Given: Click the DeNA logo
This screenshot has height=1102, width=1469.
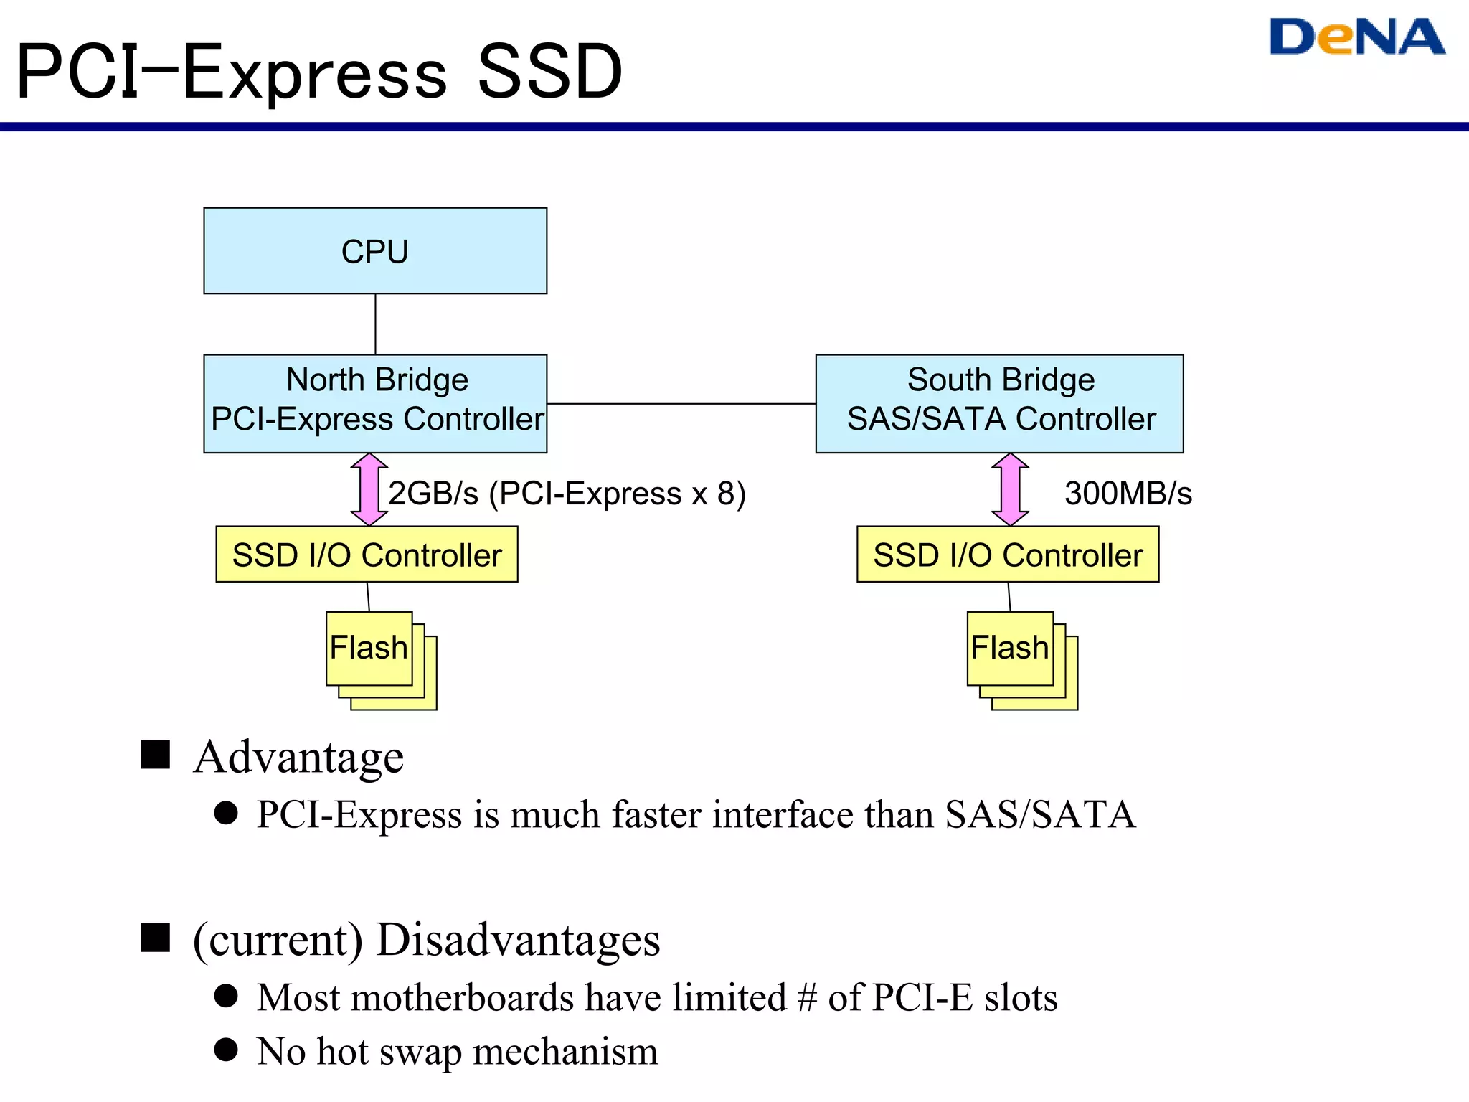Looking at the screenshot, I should [1356, 37].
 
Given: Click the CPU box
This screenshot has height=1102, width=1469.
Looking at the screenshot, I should [375, 251].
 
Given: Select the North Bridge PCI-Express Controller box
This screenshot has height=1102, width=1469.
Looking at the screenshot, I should [375, 403].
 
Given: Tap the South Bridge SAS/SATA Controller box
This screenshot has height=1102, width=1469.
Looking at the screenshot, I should [999, 403].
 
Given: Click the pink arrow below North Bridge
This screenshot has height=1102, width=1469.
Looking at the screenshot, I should [369, 489].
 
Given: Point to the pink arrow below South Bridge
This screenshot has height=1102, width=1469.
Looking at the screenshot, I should [1010, 489].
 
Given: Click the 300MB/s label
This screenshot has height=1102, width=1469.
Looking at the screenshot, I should [1128, 494].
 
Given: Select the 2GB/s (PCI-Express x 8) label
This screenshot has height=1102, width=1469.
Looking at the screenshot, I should [567, 494].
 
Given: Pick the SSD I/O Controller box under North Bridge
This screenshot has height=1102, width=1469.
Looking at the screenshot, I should [367, 555].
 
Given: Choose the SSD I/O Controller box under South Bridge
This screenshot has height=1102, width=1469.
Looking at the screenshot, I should [1008, 555].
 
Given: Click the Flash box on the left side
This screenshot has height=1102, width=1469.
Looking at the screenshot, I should [369, 648].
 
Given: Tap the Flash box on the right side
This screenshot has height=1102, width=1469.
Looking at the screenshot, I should [1010, 648].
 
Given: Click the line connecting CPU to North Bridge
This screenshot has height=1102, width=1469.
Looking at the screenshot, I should [375, 324].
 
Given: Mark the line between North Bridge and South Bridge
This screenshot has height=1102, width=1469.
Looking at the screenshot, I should [681, 404].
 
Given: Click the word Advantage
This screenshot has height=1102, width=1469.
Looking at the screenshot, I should [298, 758].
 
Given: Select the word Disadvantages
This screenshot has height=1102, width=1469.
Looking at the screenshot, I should [518, 940].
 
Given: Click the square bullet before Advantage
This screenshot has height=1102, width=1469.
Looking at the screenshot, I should [155, 755].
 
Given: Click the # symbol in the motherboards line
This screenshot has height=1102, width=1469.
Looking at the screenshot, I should [807, 998].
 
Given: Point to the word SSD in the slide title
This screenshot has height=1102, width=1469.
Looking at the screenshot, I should [550, 72].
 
